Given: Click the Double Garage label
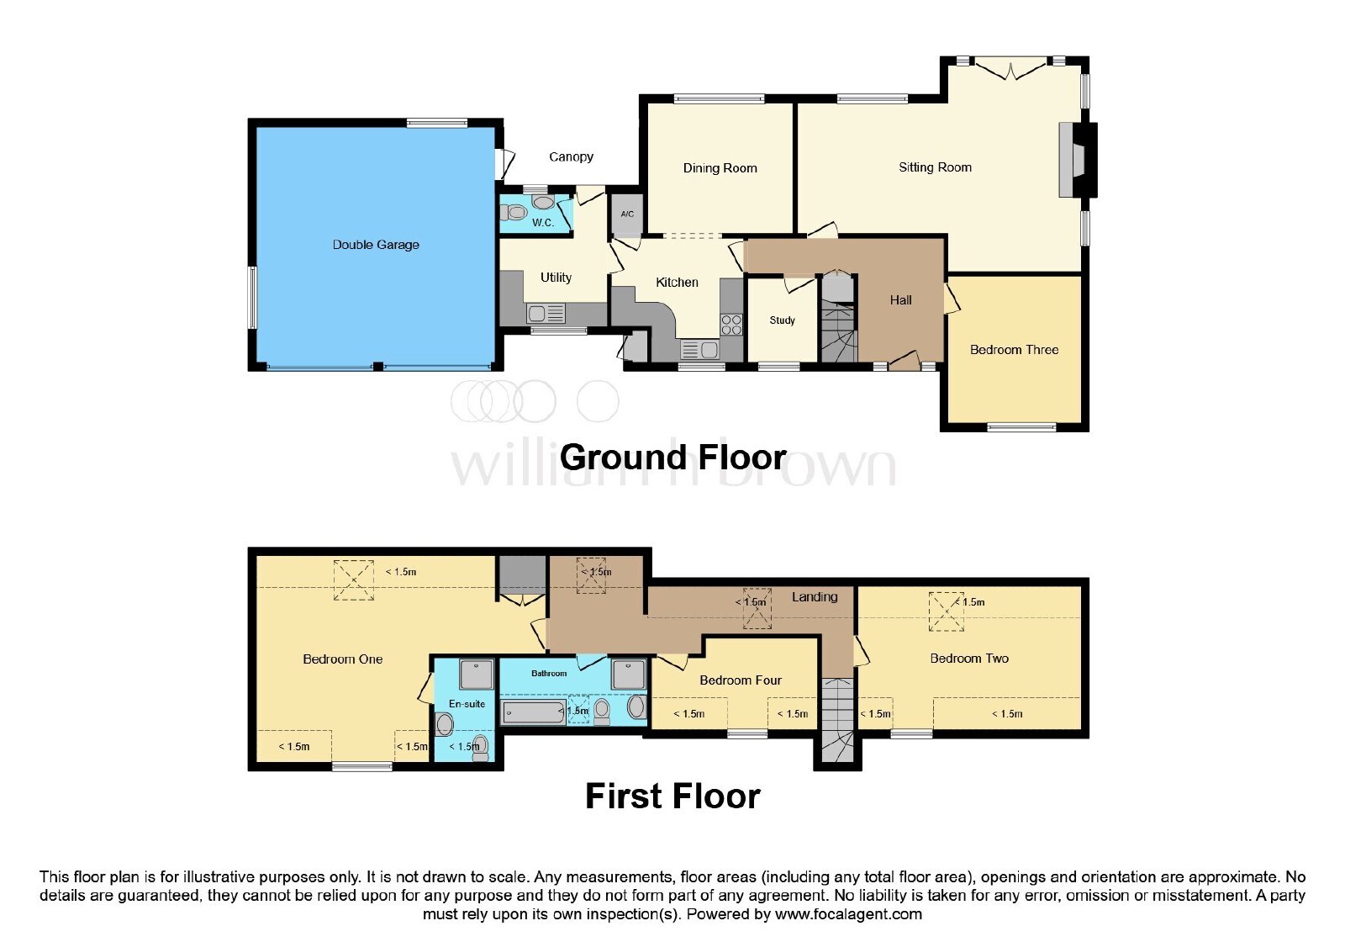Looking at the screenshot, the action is [x=376, y=245].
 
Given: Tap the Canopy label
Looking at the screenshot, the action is [x=571, y=156].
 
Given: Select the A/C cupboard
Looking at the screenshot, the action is [x=627, y=214].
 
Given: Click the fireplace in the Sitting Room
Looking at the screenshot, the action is [x=1073, y=160].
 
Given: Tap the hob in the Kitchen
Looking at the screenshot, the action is [x=731, y=325].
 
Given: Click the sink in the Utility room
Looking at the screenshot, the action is [x=546, y=314].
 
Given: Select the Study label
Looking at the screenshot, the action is [x=782, y=320].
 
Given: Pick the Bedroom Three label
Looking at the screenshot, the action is [x=1014, y=350].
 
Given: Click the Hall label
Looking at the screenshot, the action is [x=900, y=300].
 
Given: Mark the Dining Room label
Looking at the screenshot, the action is [x=720, y=168].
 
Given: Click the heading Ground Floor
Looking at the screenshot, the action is [x=673, y=458].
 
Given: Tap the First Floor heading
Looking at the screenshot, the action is [x=672, y=796].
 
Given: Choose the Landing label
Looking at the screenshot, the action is [x=815, y=596].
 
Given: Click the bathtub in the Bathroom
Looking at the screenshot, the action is [x=533, y=712].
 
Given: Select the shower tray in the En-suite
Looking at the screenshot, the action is [x=476, y=674].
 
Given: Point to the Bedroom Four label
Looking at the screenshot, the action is [x=741, y=680].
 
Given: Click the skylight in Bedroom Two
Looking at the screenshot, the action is [x=947, y=611].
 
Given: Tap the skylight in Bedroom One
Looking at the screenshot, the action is [x=354, y=579].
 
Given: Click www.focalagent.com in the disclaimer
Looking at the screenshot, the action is [x=848, y=914].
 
